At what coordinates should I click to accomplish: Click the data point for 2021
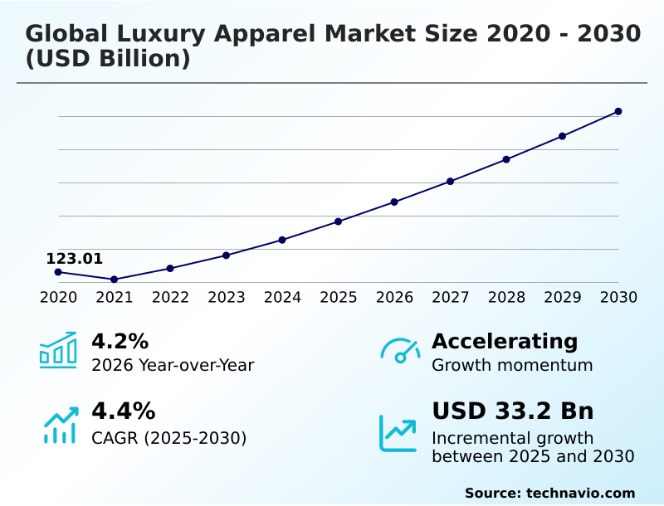(114, 280)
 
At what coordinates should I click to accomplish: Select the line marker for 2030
(618, 111)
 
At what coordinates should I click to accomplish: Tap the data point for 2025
(338, 221)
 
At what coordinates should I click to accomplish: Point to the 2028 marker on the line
(506, 159)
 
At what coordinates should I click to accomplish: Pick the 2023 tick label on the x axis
(226, 298)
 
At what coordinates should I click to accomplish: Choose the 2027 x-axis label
(450, 298)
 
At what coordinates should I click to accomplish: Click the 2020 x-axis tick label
(58, 298)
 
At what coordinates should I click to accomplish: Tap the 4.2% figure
(120, 341)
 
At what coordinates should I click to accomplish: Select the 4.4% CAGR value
(123, 411)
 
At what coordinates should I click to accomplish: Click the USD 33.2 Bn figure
(512, 411)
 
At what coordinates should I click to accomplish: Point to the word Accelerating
(505, 341)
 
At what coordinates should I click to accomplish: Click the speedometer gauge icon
(400, 350)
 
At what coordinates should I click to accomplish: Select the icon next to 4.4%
(60, 425)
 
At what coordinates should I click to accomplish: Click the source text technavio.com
(549, 493)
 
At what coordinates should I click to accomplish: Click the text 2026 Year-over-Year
(173, 365)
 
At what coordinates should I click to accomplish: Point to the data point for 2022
(170, 268)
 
